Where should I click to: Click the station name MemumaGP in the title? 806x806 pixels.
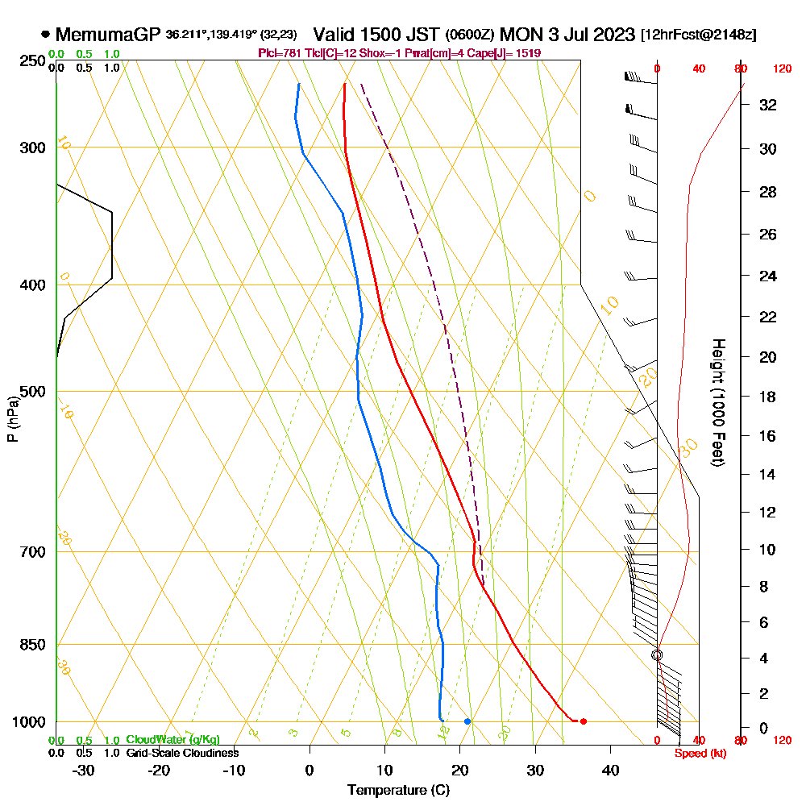109,35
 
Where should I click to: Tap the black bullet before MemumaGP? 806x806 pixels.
45,35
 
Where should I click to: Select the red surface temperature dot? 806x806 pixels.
584,721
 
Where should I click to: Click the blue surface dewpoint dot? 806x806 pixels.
467,721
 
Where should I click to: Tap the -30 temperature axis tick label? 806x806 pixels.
83,770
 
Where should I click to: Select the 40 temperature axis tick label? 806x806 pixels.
610,770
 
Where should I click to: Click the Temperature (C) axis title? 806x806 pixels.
398,791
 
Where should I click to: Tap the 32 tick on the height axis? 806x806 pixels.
767,105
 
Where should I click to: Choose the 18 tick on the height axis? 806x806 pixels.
767,397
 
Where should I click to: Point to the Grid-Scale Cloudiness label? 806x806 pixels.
182,753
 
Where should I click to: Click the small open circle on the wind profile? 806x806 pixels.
657,655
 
